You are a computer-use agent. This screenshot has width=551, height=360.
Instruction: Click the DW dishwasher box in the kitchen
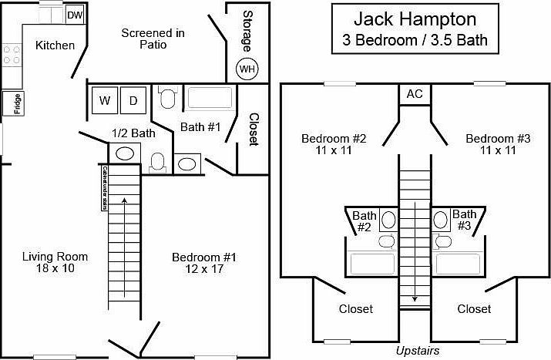(75, 15)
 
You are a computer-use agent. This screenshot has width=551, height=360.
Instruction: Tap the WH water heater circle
(247, 69)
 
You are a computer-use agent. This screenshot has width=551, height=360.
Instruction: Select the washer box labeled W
(104, 100)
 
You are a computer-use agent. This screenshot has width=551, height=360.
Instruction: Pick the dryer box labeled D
(133, 100)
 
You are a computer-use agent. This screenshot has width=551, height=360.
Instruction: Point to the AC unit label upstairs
(415, 94)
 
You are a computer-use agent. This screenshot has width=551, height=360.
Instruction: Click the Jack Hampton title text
(415, 19)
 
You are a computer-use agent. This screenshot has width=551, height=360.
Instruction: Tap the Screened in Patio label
(153, 39)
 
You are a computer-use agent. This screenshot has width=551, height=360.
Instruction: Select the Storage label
(248, 30)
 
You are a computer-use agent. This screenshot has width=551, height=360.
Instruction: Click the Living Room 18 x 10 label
(55, 262)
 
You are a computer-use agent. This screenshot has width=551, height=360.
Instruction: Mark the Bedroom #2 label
(334, 144)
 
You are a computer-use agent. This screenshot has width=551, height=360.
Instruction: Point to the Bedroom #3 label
(499, 144)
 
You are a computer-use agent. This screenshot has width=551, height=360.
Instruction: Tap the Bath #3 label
(464, 220)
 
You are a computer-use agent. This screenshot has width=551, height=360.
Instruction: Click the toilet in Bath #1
(167, 99)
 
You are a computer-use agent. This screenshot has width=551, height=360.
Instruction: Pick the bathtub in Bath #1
(210, 99)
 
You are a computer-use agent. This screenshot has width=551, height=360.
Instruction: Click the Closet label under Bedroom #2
(356, 309)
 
